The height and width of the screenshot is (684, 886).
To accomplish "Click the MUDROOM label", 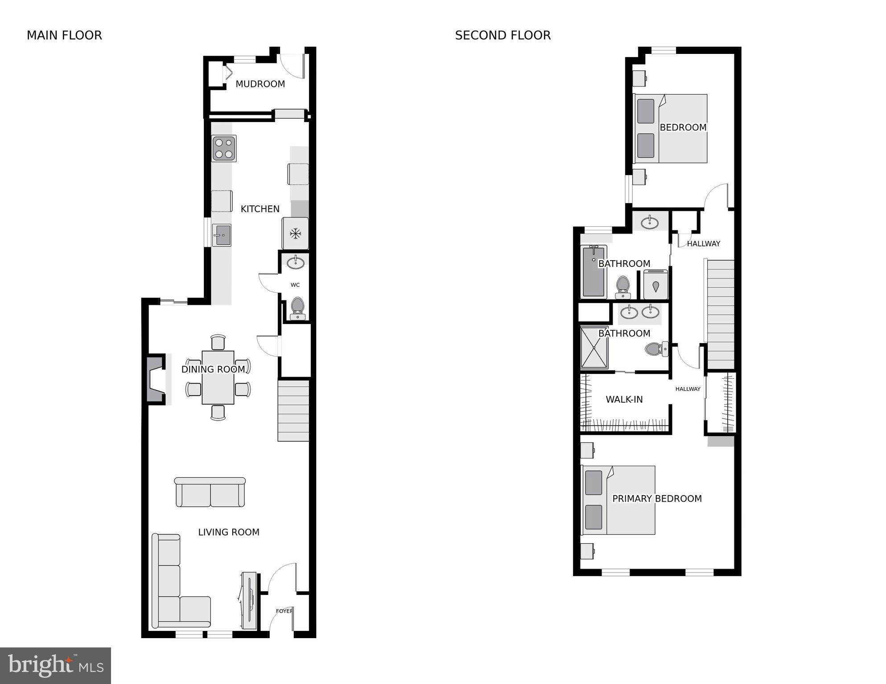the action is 260,84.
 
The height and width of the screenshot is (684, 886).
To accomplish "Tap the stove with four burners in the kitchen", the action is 224,148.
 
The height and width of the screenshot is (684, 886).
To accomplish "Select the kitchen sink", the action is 222,235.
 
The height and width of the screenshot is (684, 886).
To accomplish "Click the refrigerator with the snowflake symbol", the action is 295,233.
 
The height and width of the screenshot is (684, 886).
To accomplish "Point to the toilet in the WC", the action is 297,309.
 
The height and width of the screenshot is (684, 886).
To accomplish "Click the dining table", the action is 218,377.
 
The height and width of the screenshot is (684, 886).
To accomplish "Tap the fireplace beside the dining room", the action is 156,379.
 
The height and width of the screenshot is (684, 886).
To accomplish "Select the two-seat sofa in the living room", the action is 210,492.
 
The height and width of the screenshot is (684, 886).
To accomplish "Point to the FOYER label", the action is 284,611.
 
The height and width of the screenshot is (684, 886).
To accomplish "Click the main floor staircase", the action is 293,410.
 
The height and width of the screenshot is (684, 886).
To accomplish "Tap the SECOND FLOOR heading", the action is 503,35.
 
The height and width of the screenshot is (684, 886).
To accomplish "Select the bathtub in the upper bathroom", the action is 593,272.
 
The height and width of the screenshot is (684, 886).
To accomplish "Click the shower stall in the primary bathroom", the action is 594,348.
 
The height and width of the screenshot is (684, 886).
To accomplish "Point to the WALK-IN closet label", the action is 624,399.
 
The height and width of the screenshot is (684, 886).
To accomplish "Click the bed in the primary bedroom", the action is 618,500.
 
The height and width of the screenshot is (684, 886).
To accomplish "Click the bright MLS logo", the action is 55,665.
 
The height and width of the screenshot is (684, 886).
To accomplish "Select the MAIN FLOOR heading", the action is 64,35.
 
